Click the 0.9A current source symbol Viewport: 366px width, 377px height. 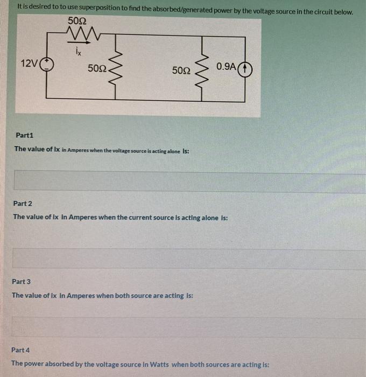click(245, 69)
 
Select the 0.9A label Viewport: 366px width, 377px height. click(226, 66)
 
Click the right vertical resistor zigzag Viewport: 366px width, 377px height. click(203, 69)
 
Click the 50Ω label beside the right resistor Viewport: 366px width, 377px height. click(181, 70)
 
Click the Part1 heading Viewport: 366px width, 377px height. click(24, 135)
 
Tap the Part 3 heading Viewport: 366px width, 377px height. click(22, 281)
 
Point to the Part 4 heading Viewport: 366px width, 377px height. click(21, 350)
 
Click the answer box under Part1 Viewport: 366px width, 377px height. click(188, 181)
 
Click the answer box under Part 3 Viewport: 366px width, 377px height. click(188, 327)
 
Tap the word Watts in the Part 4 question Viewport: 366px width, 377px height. click(159, 364)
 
